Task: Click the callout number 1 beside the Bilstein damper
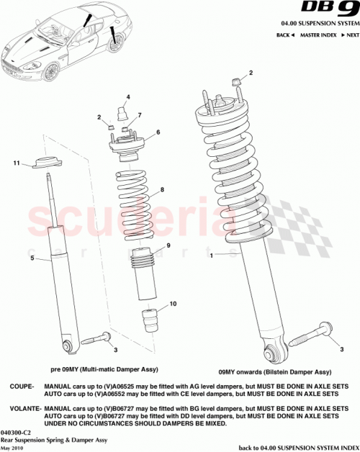pyautogui.click(x=211, y=256)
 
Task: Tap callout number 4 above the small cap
pyautogui.click(x=127, y=97)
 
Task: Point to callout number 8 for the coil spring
pyautogui.click(x=163, y=190)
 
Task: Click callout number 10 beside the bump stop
pyautogui.click(x=173, y=304)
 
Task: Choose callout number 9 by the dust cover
pyautogui.click(x=168, y=246)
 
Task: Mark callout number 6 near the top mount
pyautogui.click(x=158, y=132)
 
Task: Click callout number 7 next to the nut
pyautogui.click(x=139, y=116)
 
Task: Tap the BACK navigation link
pyautogui.click(x=284, y=35)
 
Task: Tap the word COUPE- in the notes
pyautogui.click(x=19, y=386)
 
